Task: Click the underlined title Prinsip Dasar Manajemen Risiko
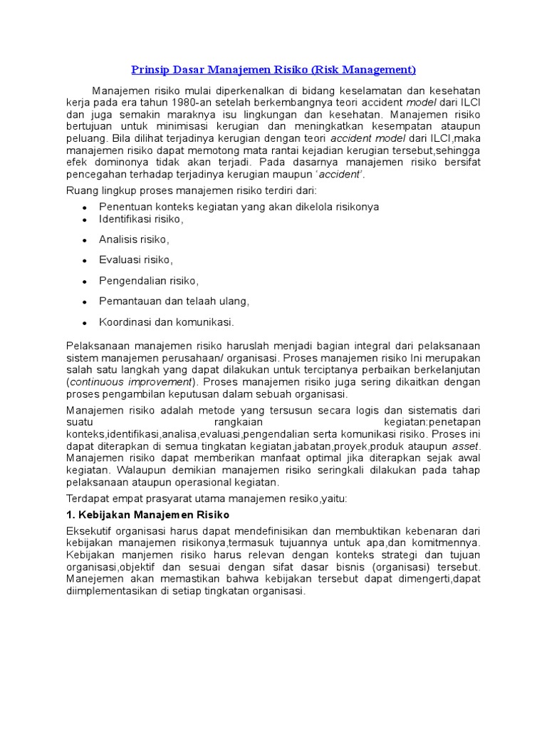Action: point(273,70)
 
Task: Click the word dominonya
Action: point(114,163)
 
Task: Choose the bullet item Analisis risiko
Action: point(134,239)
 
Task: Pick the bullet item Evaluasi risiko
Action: point(135,259)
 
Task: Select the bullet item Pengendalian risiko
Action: point(149,280)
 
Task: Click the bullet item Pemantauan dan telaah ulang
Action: point(174,301)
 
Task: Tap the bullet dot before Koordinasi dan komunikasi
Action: point(85,322)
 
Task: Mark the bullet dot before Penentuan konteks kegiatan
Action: point(85,207)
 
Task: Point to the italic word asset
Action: point(466,447)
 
